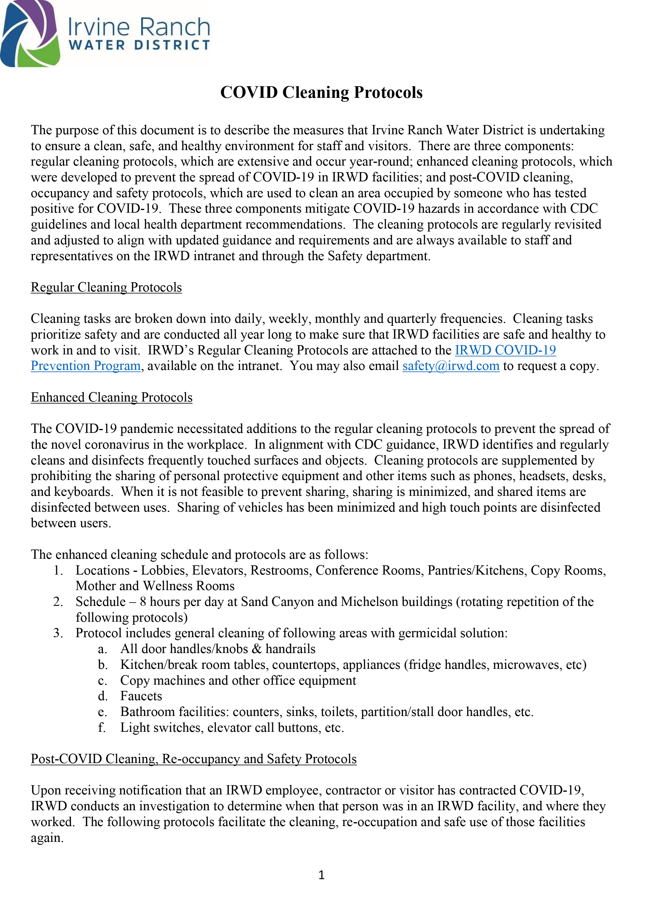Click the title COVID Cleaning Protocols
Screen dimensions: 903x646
(x=321, y=93)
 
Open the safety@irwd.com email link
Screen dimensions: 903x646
(x=451, y=366)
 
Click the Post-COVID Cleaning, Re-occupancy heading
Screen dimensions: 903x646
(x=194, y=759)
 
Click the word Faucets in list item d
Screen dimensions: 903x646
(x=141, y=696)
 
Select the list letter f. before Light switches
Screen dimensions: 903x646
(x=101, y=727)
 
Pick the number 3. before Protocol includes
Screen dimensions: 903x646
(x=58, y=633)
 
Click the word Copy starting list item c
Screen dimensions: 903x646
(x=135, y=680)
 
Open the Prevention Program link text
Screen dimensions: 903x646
(x=86, y=366)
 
